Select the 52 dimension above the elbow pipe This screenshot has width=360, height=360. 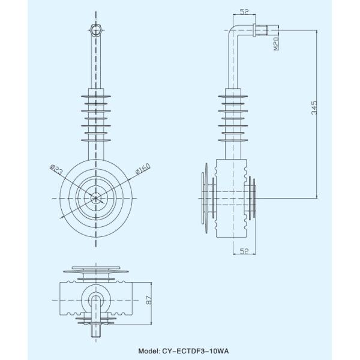[x=244, y=12]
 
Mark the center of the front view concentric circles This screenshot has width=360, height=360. [x=96, y=197]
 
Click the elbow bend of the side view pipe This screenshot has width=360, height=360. [x=235, y=30]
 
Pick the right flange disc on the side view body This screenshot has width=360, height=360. [x=253, y=197]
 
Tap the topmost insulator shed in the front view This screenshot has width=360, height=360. [x=96, y=95]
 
